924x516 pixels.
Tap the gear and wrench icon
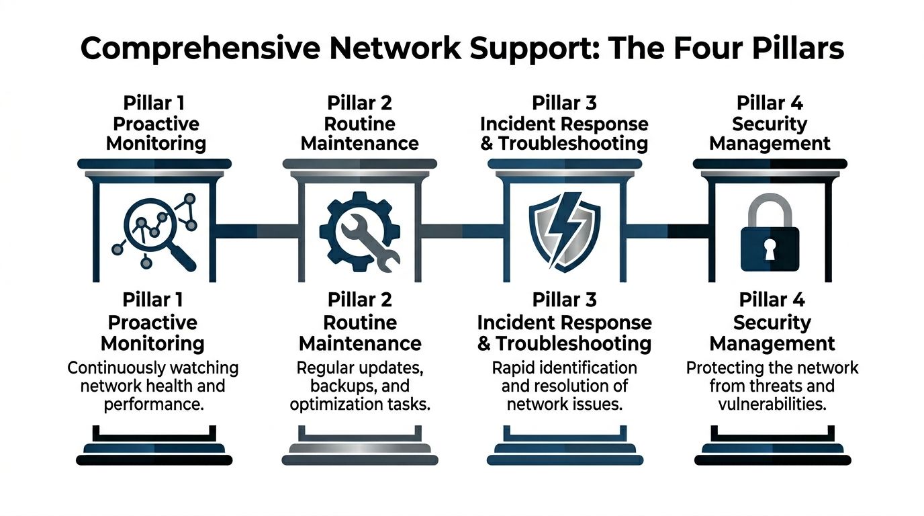pyautogui.click(x=359, y=232)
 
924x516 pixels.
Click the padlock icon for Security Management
pyautogui.click(x=769, y=232)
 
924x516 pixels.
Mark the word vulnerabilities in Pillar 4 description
pyautogui.click(x=771, y=404)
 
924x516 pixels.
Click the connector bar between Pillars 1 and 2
pyautogui.click(x=257, y=231)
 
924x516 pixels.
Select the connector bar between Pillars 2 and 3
pyautogui.click(x=461, y=231)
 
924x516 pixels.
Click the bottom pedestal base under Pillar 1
pyautogui.click(x=154, y=460)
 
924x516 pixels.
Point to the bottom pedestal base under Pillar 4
pyautogui.click(x=772, y=460)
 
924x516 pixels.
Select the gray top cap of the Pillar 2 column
pyautogui.click(x=359, y=163)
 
